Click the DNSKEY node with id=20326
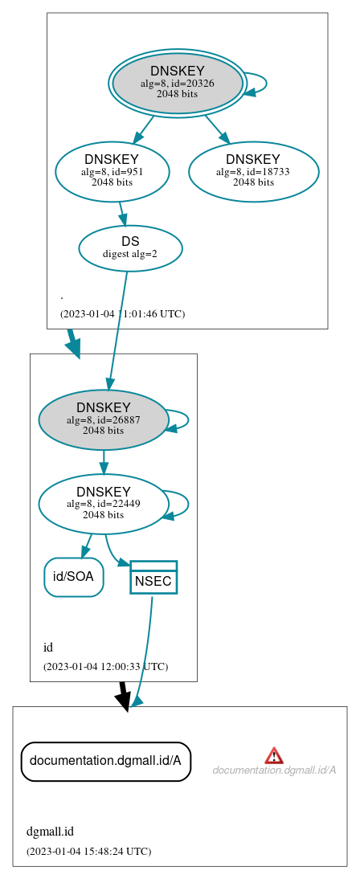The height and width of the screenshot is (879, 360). pos(178,83)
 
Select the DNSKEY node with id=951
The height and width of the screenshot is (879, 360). pos(112,171)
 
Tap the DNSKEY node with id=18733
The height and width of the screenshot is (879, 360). pos(253,171)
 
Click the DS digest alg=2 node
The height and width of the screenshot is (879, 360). pos(130,247)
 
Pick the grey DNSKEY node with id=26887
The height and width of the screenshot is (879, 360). pos(103,419)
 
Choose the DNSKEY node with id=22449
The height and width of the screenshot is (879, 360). pos(103,504)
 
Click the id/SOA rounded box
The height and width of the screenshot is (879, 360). pos(73,576)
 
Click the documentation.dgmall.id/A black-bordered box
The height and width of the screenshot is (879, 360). pos(105,760)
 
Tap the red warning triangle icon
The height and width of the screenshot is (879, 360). pos(274,754)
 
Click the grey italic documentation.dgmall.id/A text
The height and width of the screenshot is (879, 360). pos(274,771)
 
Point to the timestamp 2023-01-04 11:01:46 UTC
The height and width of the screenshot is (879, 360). pos(122,313)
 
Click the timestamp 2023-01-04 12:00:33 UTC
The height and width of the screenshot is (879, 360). pos(105,666)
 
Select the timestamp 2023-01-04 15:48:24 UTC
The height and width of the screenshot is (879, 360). pos(88,851)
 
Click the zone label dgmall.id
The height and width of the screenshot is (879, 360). pos(50,832)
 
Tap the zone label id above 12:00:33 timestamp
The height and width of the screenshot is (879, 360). pos(48,647)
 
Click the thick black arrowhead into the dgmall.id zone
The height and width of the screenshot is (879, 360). pos(123,700)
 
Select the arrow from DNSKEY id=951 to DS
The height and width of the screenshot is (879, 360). pos(122,213)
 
